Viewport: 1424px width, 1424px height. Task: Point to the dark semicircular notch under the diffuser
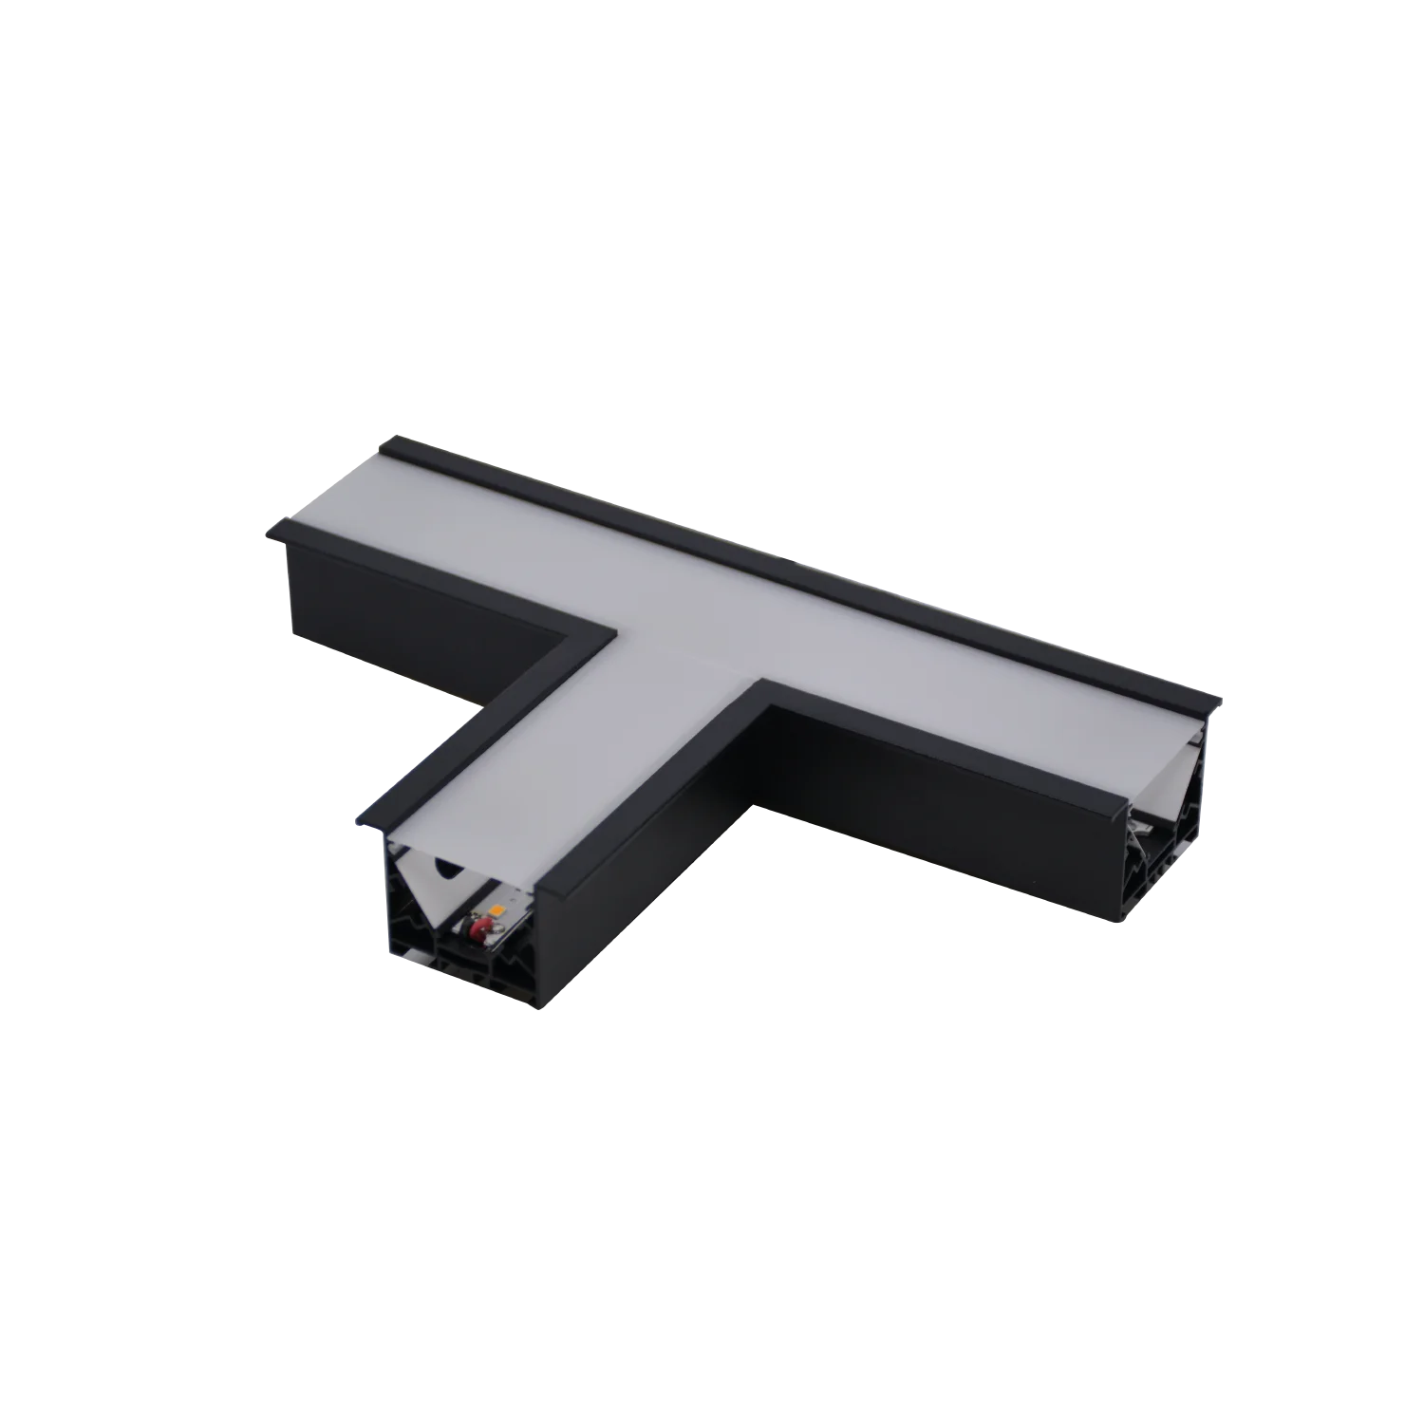pyautogui.click(x=443, y=866)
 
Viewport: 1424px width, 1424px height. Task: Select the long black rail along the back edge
pyautogui.click(x=807, y=570)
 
